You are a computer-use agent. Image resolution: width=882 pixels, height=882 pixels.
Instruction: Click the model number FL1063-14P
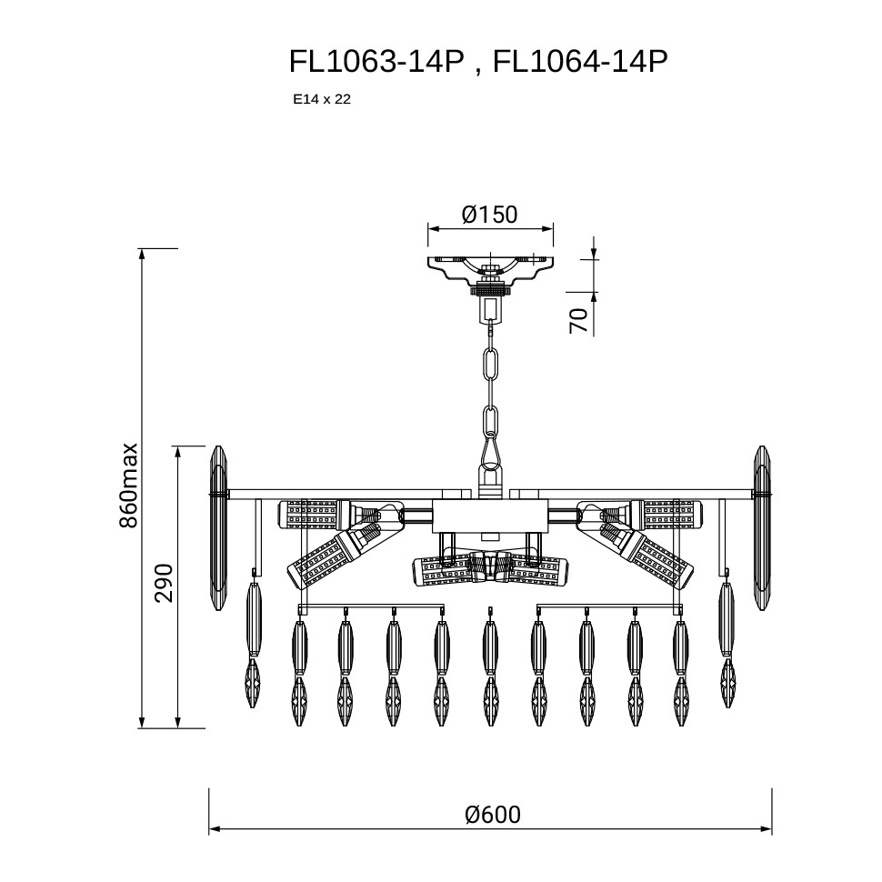376,61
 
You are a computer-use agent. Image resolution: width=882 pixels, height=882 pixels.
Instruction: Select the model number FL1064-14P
580,61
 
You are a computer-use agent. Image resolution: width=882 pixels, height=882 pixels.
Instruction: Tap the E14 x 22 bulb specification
322,99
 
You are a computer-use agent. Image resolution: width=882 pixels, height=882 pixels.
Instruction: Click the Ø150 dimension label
489,215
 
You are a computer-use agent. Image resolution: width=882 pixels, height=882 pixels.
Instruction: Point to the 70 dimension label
579,321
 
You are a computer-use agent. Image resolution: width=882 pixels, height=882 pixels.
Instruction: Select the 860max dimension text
128,486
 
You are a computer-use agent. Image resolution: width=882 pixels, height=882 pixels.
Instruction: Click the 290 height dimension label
165,583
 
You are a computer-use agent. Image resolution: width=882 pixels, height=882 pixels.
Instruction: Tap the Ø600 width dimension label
493,815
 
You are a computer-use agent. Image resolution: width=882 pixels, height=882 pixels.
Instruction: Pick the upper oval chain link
491,365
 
